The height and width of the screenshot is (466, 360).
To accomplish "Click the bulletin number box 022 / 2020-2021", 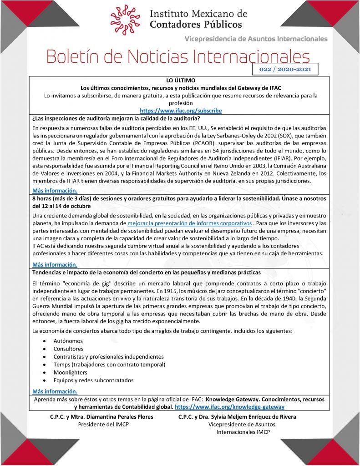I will [284, 69].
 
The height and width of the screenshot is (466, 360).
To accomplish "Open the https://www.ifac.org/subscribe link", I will [181, 111].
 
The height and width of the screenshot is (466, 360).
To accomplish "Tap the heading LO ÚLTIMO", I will [181, 80].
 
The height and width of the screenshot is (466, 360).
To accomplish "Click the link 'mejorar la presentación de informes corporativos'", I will [190, 223].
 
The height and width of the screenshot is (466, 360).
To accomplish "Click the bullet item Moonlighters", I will [70, 372].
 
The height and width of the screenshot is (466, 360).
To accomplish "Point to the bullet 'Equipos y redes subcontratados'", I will [93, 380].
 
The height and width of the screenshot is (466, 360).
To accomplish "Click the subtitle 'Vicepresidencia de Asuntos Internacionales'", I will [256, 39].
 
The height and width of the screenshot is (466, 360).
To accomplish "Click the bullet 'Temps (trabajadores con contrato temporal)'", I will [109, 365].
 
